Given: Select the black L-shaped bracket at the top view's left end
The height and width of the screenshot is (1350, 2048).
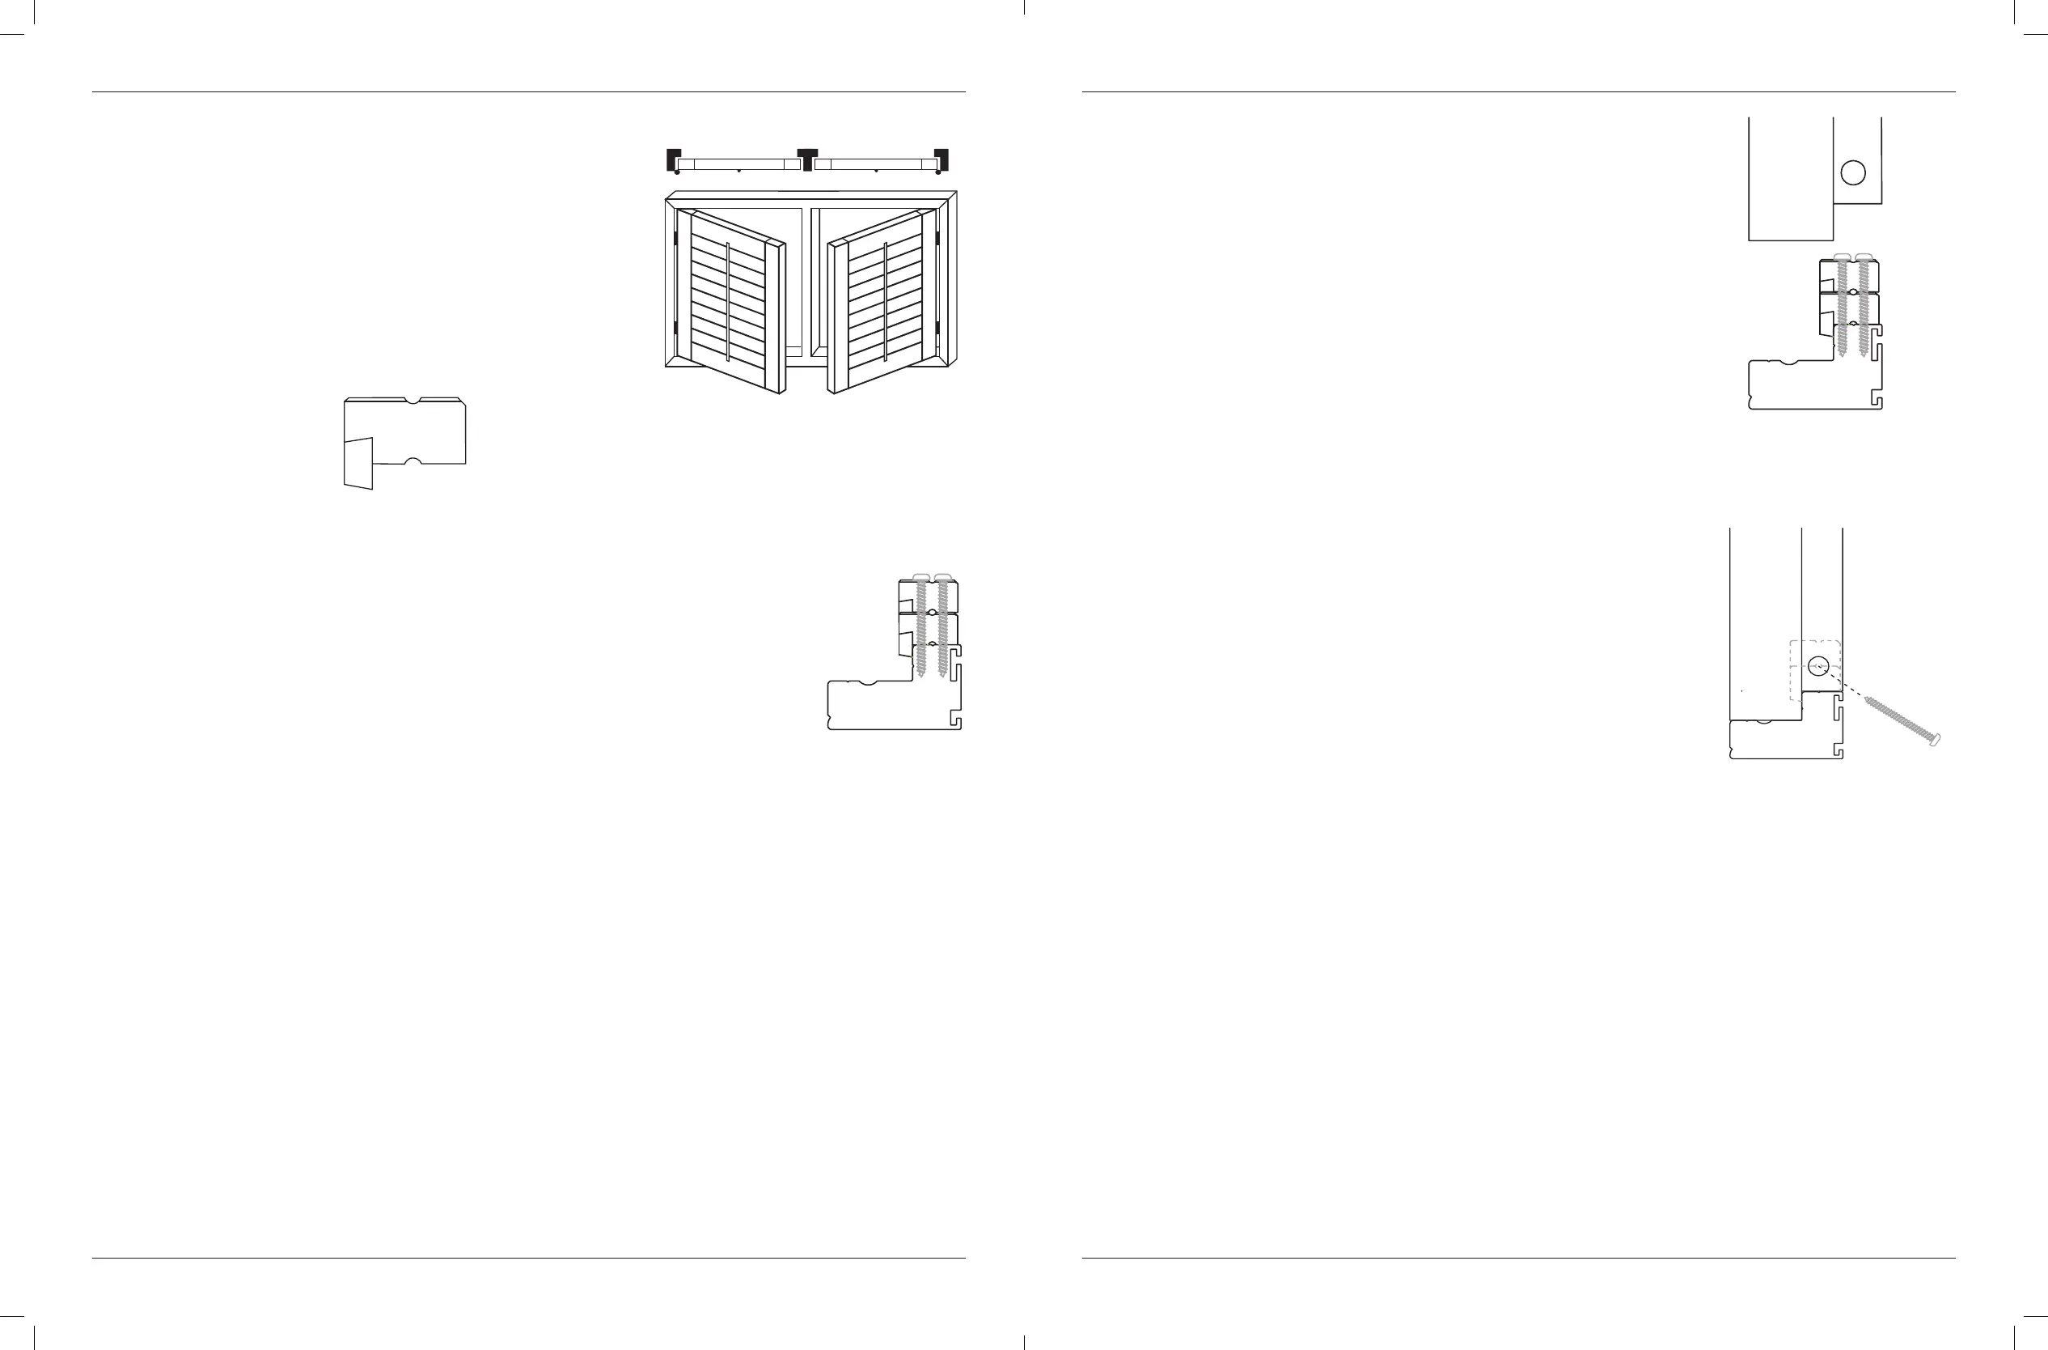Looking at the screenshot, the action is [673, 159].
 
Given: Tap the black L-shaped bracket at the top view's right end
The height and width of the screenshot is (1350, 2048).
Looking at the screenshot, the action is [942, 159].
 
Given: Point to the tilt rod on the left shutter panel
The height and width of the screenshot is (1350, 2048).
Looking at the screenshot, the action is [728, 301].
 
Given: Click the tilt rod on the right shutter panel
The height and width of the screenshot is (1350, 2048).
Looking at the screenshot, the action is [885, 301].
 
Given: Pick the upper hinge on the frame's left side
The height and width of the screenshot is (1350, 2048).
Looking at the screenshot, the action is [676, 236].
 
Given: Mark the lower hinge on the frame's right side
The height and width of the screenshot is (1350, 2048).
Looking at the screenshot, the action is [938, 329].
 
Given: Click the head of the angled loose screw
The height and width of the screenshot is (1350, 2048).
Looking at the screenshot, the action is [1936, 741].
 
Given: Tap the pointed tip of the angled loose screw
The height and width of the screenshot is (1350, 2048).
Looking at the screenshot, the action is [1865, 699].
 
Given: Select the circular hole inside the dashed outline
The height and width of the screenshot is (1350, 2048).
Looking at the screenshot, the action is [1817, 665].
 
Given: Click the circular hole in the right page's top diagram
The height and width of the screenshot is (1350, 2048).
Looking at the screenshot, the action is [1853, 173].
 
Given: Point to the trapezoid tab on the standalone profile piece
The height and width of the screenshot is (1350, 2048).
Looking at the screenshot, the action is [358, 463].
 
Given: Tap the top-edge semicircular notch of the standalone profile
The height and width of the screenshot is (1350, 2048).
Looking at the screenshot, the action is [413, 401].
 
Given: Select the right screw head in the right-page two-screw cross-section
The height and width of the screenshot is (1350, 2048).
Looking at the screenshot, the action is [1864, 257].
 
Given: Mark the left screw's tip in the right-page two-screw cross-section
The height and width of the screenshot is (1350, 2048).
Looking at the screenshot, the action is [1842, 354].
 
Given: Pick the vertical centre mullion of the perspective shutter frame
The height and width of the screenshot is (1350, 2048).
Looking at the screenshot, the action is [806, 280].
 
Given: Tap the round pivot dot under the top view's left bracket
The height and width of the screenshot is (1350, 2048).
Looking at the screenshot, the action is [677, 172].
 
